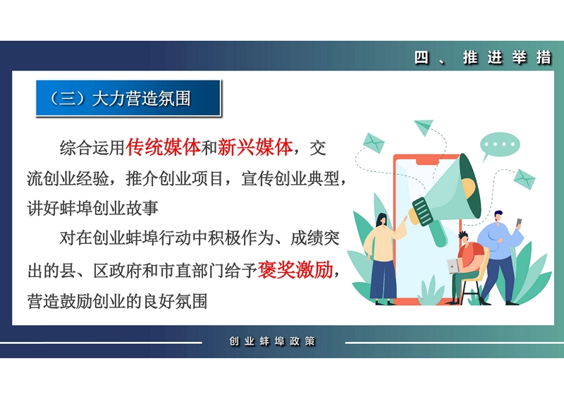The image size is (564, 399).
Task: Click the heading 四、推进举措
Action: tap(483, 58)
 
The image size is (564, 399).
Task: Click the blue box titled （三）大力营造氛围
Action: tap(128, 98)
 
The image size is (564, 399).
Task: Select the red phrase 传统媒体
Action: tap(163, 147)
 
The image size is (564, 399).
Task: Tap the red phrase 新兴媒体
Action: tap(255, 147)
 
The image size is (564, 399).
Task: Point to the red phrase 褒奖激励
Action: tap(295, 270)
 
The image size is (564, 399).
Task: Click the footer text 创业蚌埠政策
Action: tap(272, 341)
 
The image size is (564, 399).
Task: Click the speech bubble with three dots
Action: tap(499, 146)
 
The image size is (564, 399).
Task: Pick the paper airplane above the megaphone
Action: tap(424, 128)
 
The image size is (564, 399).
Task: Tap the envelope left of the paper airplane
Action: tap(374, 143)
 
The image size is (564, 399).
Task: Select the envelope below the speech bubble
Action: tap(525, 179)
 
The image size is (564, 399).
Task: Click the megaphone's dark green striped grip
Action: tap(423, 211)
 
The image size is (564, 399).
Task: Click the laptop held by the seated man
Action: tap(453, 266)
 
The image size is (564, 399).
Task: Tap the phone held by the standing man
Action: tap(519, 223)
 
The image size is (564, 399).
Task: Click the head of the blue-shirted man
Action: tap(498, 217)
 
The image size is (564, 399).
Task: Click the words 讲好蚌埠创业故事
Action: tap(93, 209)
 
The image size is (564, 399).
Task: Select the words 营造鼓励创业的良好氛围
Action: tap(117, 301)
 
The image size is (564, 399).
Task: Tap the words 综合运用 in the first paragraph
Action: tap(92, 147)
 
